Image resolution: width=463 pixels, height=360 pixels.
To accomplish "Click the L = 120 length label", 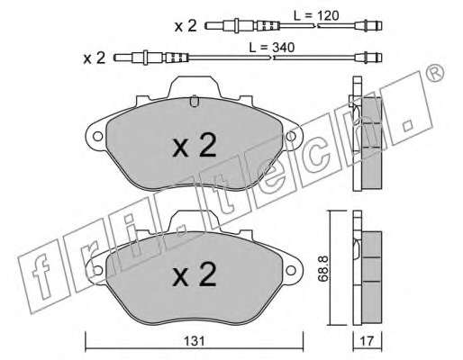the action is click(316, 15).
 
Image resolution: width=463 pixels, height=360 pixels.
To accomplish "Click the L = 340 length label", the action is click(272, 48).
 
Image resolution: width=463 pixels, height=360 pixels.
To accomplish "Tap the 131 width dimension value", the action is click(195, 341).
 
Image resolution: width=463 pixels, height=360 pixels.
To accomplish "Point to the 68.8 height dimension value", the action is click(323, 268).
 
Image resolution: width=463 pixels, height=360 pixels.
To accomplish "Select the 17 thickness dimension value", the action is click(367, 341).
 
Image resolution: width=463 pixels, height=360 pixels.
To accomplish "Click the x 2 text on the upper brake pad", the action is click(195, 146).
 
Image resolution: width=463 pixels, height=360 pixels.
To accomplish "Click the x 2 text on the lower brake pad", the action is click(195, 274).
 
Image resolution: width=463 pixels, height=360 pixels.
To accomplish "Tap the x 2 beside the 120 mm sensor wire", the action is click(186, 26).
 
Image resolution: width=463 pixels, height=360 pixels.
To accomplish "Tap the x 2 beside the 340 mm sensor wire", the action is click(95, 58).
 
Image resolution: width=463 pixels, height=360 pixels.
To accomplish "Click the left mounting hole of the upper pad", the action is click(97, 137).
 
